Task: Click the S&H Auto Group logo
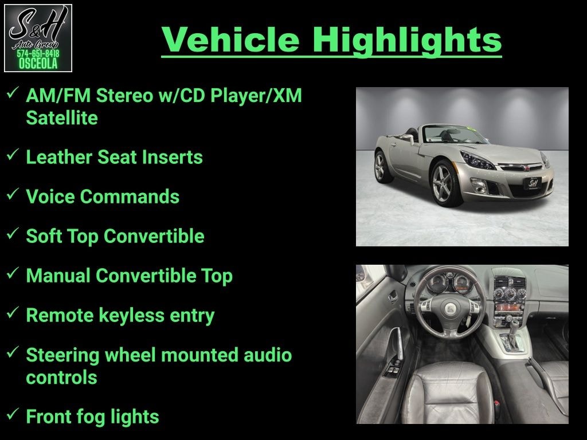coord(38,38)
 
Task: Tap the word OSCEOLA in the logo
coord(38,64)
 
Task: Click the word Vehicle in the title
coord(230,40)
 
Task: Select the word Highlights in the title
coord(407,41)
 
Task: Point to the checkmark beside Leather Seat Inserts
coord(13,154)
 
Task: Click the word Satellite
coord(62,118)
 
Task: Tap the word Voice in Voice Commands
coord(50,197)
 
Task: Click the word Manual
coord(58,276)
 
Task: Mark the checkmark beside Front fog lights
coord(13,414)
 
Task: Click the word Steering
coord(62,355)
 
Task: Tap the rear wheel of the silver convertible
coord(381,167)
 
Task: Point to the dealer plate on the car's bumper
coord(533,183)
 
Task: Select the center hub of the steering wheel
coord(450,309)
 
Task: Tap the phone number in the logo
coord(38,53)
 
